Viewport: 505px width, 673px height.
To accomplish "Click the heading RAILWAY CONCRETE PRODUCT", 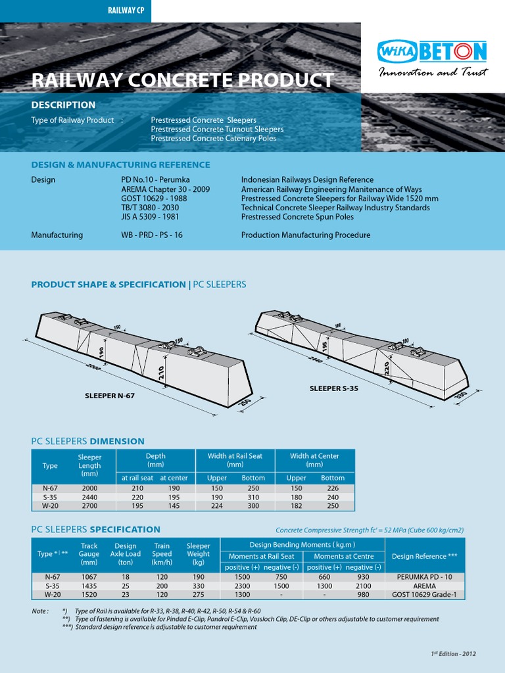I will [182, 80].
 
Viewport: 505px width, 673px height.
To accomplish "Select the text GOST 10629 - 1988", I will [149, 198].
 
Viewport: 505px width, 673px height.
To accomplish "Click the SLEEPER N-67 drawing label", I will [114, 396].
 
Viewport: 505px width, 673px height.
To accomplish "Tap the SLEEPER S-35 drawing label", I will [334, 388].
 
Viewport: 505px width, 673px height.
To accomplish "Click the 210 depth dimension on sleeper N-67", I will [162, 373].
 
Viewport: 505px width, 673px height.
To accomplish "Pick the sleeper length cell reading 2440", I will [89, 498].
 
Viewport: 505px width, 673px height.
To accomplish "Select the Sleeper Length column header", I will [89, 465].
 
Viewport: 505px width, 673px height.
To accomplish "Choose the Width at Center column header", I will [314, 460].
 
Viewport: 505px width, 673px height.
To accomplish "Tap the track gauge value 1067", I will [89, 576].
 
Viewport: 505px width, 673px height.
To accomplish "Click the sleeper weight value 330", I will [198, 586].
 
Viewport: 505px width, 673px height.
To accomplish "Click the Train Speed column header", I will [162, 554].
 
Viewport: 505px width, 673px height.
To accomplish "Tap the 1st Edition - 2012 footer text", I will [453, 654].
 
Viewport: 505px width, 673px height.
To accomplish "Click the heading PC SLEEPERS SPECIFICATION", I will [96, 530].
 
